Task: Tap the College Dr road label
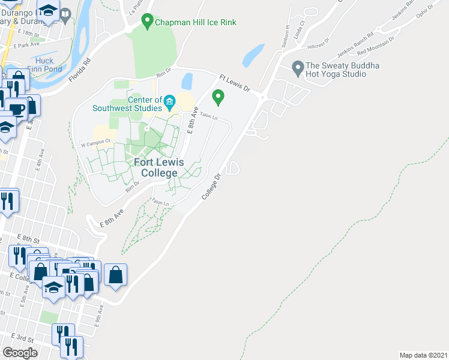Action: tap(212, 187)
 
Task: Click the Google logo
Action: tap(20, 352)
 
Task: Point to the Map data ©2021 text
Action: tap(423, 355)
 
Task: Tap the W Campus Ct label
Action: tap(97, 142)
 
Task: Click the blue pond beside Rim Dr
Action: tap(187, 80)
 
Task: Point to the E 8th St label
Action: tap(28, 239)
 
